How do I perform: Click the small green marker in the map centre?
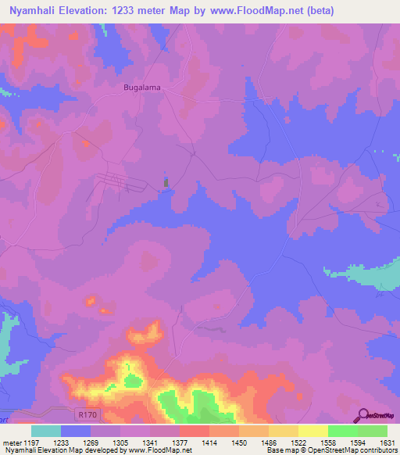pyautogui.click(x=165, y=182)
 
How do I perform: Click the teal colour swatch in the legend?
pyautogui.click(x=46, y=431)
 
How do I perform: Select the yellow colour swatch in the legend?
pyautogui.click(x=313, y=431)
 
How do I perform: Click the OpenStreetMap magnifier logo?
pyautogui.click(x=364, y=414)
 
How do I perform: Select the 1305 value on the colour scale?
pyautogui.click(x=105, y=443)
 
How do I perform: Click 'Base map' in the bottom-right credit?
pyautogui.click(x=281, y=451)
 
